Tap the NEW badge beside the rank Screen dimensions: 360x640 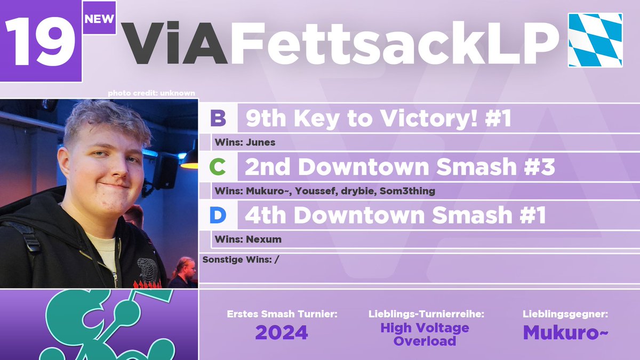click(99, 19)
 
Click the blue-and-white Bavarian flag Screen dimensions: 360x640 click(595, 40)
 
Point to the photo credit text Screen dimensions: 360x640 click(151, 93)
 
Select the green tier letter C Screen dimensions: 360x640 click(217, 167)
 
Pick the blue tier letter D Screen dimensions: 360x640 click(217, 216)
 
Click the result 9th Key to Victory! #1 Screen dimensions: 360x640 click(378, 119)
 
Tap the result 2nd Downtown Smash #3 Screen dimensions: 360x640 click(399, 167)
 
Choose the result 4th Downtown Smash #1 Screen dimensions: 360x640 click(395, 216)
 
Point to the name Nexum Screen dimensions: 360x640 click(263, 239)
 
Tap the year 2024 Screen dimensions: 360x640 click(282, 332)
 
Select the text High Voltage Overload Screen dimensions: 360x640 click(425, 334)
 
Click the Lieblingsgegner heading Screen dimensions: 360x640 click(565, 315)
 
